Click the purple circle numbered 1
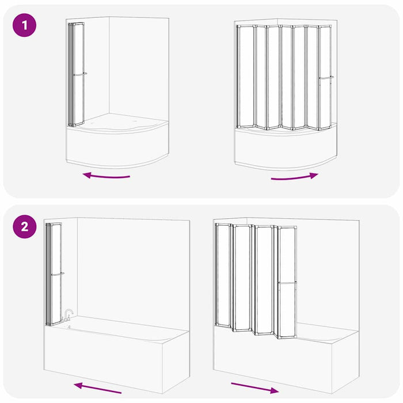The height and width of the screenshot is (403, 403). click(24, 25)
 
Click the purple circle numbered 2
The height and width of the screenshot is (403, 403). click(24, 227)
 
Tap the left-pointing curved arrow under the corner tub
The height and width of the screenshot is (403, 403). click(107, 176)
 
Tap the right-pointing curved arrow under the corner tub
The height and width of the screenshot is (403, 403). click(295, 177)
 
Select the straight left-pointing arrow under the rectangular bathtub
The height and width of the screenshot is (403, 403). click(97, 388)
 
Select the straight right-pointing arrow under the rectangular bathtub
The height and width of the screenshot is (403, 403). click(255, 388)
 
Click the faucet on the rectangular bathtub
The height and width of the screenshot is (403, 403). click(67, 315)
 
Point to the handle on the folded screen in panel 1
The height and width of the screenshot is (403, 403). click(80, 74)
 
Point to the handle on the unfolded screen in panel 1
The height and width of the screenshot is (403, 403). click(326, 77)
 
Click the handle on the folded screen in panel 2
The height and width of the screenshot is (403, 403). click(58, 274)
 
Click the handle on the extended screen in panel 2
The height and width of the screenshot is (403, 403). click(287, 283)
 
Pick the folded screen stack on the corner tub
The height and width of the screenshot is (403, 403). click(76, 74)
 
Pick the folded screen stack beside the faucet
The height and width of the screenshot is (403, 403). click(54, 275)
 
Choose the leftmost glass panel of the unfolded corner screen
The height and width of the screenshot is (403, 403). click(246, 77)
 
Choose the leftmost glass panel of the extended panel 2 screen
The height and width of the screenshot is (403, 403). click(223, 275)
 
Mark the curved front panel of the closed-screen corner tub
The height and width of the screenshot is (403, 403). click(117, 146)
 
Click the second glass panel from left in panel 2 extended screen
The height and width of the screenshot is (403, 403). click(242, 278)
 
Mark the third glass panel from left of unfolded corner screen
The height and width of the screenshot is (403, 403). click(273, 77)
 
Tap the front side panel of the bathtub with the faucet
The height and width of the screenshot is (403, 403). click(104, 358)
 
